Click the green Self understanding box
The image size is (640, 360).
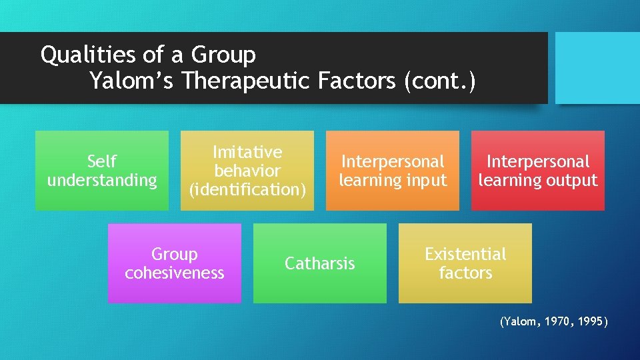click(101, 171)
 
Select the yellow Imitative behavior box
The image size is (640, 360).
click(247, 171)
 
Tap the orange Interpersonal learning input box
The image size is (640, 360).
click(392, 171)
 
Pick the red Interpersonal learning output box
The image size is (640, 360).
click(537, 171)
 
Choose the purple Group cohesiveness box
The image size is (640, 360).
click(174, 263)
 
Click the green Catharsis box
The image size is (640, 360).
click(319, 263)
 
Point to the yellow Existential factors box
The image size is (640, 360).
click(465, 263)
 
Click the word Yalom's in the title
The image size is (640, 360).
click(131, 81)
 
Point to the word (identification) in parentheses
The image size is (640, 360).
click(247, 189)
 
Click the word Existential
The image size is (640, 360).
click(465, 254)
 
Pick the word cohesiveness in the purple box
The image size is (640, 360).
click(175, 273)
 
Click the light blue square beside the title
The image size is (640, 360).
click(597, 68)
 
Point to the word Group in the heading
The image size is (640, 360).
click(223, 54)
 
